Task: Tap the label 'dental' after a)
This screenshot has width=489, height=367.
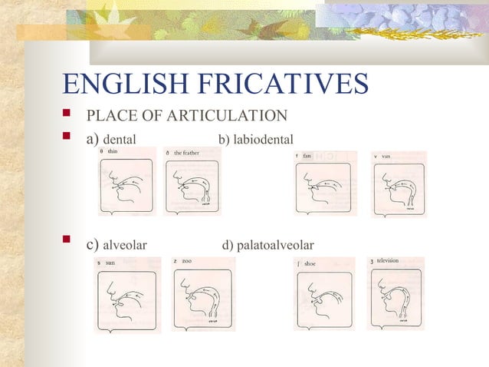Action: (120, 140)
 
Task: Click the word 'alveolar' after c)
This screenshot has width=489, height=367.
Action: (125, 246)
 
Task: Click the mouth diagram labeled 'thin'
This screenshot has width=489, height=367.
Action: (126, 184)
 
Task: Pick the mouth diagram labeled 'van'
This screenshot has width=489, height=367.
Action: (399, 186)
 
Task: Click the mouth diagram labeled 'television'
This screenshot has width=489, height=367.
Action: (395, 295)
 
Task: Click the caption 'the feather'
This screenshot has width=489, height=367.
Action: (187, 153)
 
